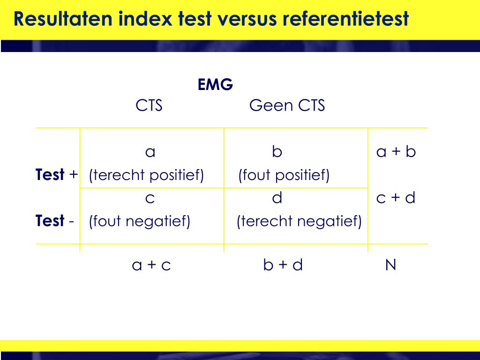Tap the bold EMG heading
[x=215, y=85]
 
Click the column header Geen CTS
[x=287, y=105]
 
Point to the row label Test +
[x=57, y=175]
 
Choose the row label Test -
[x=55, y=221]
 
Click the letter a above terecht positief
[x=150, y=152]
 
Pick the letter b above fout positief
[x=277, y=152]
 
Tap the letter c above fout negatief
[x=150, y=199]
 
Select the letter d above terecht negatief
[x=277, y=198]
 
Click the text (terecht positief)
[x=147, y=175]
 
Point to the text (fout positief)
[x=284, y=175]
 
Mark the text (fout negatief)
[x=140, y=221]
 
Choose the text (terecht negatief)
[x=299, y=221]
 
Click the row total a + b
[x=396, y=152]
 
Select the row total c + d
[x=396, y=198]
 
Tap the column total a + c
[x=151, y=265]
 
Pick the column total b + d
[x=283, y=265]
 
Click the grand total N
[x=390, y=265]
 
